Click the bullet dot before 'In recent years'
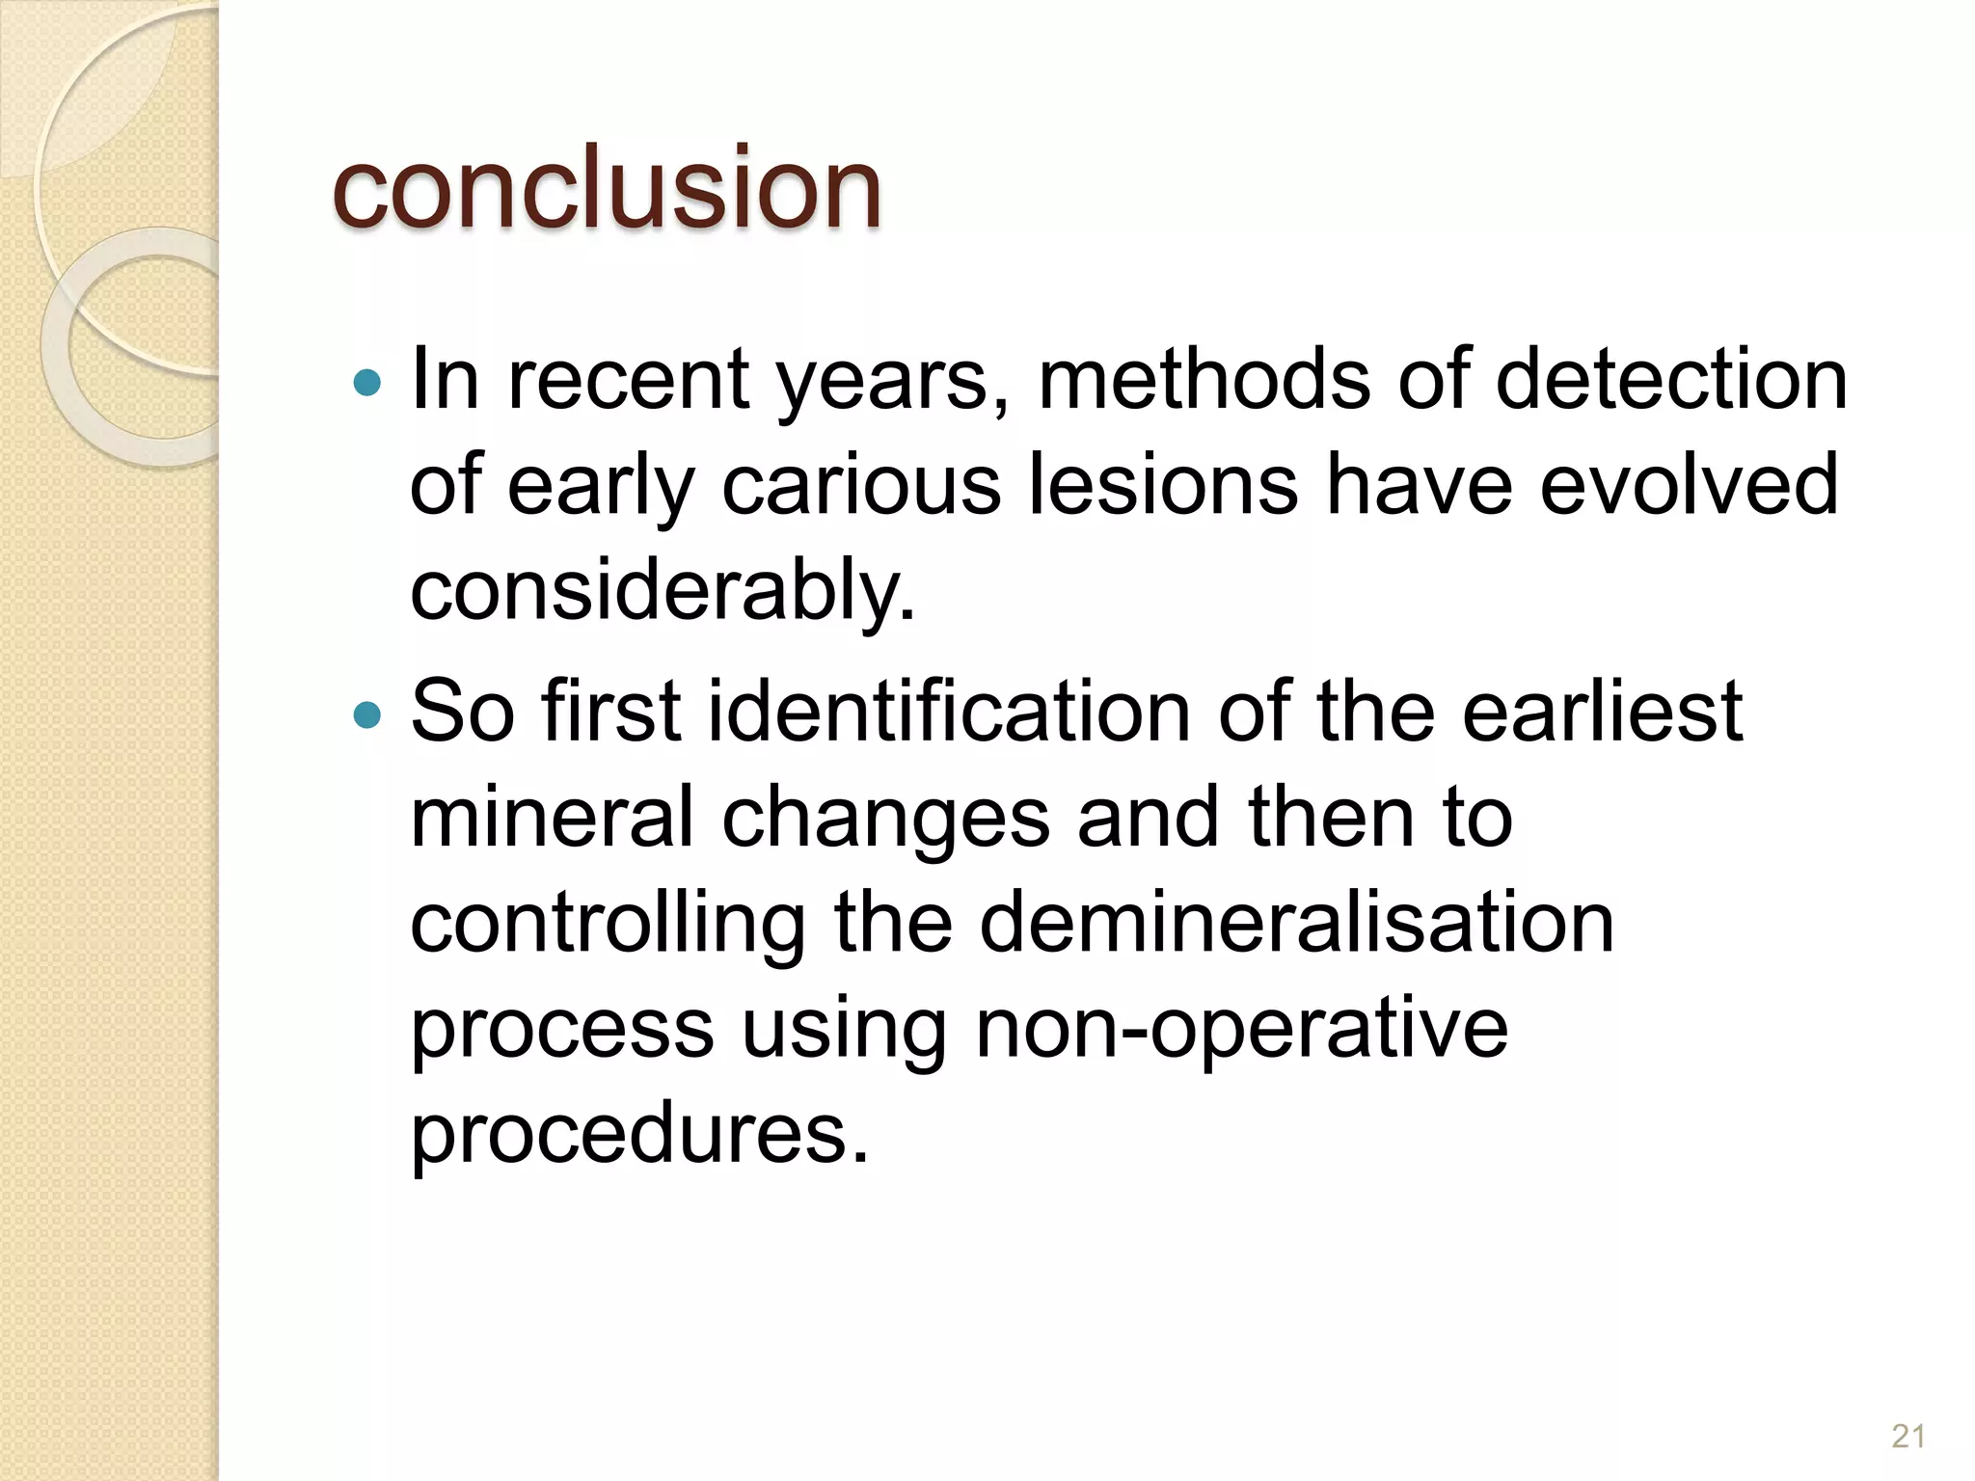[x=367, y=384]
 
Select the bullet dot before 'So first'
[x=367, y=715]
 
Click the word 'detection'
[x=1671, y=379]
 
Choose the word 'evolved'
[x=1689, y=485]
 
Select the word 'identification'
[x=950, y=712]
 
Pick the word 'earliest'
[x=1602, y=712]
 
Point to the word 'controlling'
[x=608, y=924]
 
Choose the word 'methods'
[x=1204, y=379]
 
